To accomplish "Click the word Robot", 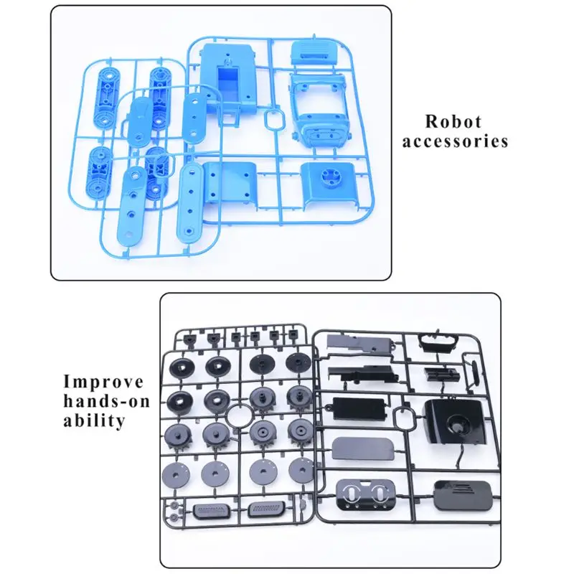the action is [x=453, y=121].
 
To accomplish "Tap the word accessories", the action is [x=455, y=141].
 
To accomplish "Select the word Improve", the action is [x=103, y=382].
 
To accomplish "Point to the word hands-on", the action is [x=107, y=401].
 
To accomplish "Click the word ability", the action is [x=95, y=420].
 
